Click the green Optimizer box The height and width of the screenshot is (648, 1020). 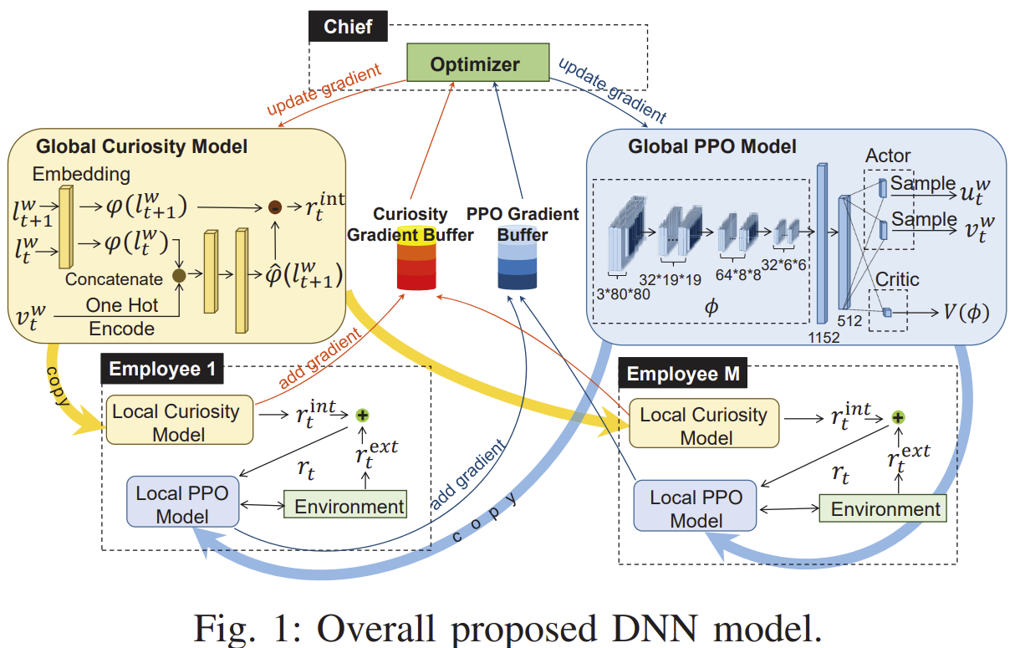[474, 64]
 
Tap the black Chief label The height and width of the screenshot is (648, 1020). [348, 26]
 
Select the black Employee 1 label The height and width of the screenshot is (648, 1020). [156, 370]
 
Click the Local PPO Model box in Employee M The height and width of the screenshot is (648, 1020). [696, 508]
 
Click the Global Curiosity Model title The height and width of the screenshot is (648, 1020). [142, 146]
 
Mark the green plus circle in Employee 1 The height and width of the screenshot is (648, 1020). [362, 415]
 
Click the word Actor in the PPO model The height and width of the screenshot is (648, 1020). [888, 156]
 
